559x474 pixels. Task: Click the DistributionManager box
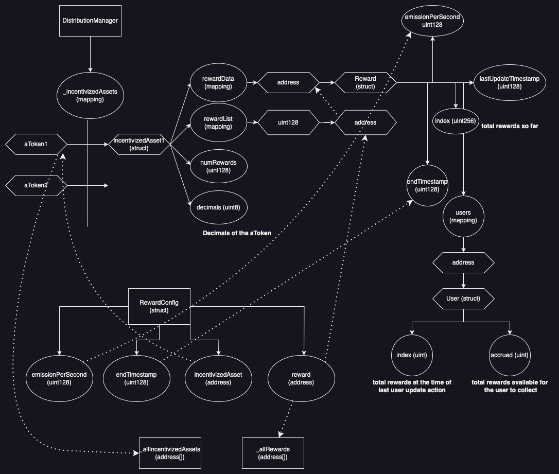click(91, 21)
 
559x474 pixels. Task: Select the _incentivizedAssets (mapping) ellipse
click(90, 96)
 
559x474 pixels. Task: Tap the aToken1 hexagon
click(36, 144)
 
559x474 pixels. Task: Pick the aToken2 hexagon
click(36, 185)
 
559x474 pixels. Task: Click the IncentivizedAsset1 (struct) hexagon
click(139, 144)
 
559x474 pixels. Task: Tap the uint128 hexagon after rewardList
click(288, 122)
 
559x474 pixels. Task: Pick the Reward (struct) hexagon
click(365, 82)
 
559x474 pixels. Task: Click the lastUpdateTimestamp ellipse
click(510, 82)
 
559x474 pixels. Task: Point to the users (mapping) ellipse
click(463, 216)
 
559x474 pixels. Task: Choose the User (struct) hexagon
click(463, 299)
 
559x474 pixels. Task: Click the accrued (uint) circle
click(510, 355)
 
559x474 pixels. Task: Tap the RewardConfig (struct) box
click(159, 306)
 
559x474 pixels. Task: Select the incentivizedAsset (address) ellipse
click(219, 378)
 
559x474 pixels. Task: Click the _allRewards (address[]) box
click(273, 453)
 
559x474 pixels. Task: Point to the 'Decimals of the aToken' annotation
click(237, 233)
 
